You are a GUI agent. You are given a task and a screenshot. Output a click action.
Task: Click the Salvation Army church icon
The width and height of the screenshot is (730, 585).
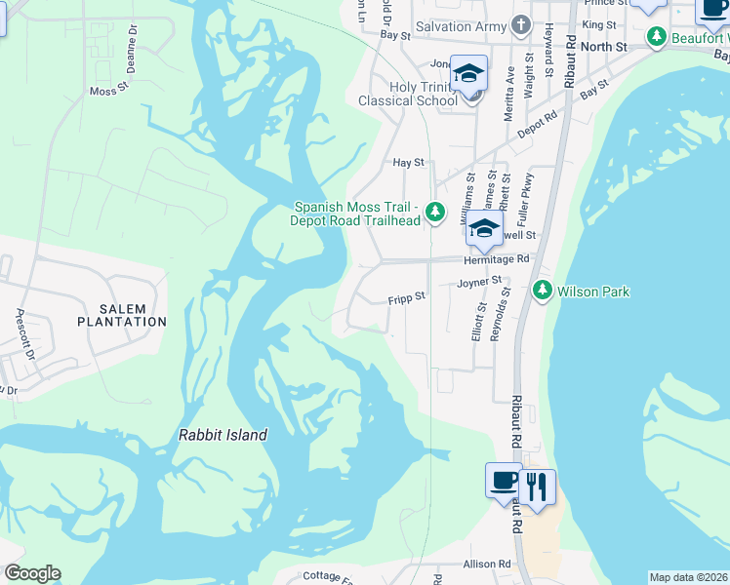[x=521, y=25]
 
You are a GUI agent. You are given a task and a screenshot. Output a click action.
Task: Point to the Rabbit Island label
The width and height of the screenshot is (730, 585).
[x=223, y=436]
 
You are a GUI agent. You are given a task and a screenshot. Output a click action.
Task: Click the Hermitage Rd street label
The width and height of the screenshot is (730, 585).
[x=496, y=259]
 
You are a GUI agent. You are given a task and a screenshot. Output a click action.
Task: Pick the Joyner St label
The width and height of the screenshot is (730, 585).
[x=478, y=283]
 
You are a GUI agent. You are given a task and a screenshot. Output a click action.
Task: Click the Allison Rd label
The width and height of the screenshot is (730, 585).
[x=488, y=565]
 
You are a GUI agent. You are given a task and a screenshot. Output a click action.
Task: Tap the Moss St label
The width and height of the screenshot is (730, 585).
[x=109, y=91]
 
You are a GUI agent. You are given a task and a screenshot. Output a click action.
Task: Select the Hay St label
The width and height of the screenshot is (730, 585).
[x=408, y=163]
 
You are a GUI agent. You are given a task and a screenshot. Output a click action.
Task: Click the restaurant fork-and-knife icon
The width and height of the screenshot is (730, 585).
[x=536, y=486]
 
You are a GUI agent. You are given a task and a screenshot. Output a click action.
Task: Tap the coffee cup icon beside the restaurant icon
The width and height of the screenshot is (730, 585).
[x=504, y=480]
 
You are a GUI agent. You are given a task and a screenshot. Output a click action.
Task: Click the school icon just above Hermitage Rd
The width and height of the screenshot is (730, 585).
[x=483, y=230]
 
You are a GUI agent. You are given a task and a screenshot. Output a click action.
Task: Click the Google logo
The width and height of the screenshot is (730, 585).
[x=31, y=573]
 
